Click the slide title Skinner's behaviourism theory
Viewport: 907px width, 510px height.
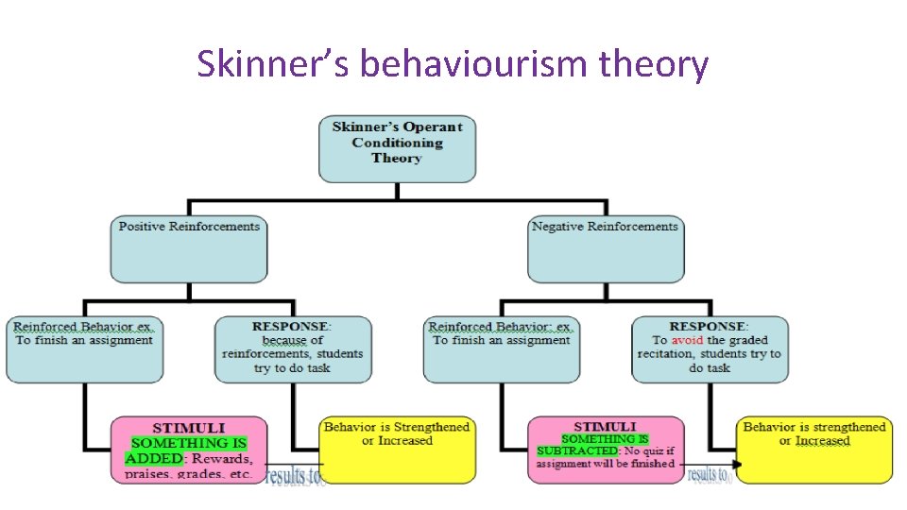point(453,64)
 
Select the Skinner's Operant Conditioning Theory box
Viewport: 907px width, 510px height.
point(397,148)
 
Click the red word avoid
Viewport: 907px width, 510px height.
point(686,340)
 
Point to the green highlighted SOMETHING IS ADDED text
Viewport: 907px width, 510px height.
point(187,450)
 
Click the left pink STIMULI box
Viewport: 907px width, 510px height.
point(189,449)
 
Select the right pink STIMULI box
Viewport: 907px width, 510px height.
point(605,449)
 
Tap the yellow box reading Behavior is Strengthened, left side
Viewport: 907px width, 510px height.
point(397,450)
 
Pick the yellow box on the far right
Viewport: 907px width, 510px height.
point(814,450)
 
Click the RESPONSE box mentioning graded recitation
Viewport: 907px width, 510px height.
point(710,348)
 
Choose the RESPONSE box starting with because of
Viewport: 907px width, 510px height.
point(292,348)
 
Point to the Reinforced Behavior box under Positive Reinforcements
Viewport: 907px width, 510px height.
point(84,348)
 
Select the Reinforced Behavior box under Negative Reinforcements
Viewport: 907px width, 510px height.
point(502,348)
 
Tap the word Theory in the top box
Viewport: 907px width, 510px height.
point(397,159)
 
